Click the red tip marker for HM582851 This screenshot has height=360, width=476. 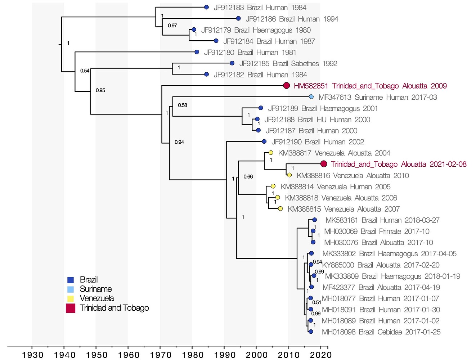coord(287,86)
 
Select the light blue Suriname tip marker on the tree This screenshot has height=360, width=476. coord(311,97)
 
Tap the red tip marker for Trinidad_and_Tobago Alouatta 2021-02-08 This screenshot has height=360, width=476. coord(324,164)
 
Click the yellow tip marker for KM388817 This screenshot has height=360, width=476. coord(271,153)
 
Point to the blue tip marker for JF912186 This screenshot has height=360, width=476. coord(238,18)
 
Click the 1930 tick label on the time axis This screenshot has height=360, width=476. coord(32,355)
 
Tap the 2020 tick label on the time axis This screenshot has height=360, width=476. coord(321,355)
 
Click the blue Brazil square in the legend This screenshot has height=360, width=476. coord(71,280)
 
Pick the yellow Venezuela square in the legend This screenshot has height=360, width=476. coord(71,298)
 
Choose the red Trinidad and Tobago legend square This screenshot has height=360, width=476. coord(71,308)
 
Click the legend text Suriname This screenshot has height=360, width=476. coord(96,289)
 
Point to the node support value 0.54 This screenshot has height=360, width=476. coord(85,71)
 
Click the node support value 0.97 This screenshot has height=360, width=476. coord(172,26)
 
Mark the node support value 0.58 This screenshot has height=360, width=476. coord(183,105)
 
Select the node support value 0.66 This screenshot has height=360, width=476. coord(248,177)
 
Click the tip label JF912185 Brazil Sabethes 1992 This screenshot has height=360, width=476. coord(288,64)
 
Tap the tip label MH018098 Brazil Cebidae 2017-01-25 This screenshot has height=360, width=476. coord(381,332)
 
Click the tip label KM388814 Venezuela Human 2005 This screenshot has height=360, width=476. coord(335,186)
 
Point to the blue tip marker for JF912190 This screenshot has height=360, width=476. coord(264,141)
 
